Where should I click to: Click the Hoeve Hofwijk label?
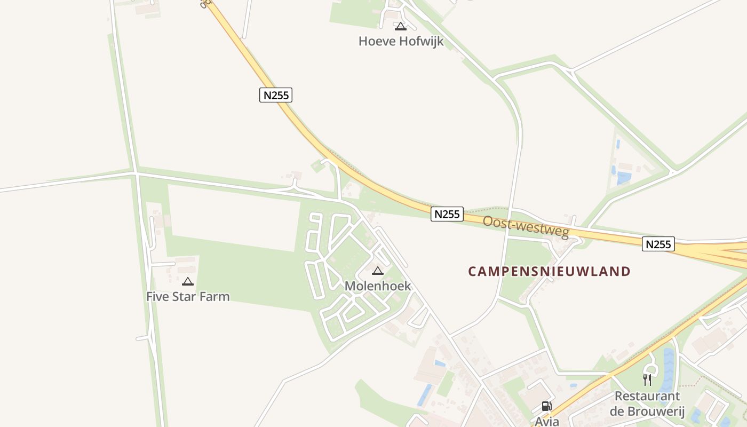click(401, 41)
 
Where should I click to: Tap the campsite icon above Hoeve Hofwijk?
click(401, 26)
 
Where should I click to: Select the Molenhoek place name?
click(378, 286)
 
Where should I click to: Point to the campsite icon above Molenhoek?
click(378, 271)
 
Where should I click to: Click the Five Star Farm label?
click(188, 296)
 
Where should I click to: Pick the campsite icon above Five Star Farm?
click(188, 281)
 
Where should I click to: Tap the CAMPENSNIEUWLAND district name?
click(549, 271)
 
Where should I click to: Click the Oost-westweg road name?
click(526, 227)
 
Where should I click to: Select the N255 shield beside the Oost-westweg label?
click(447, 214)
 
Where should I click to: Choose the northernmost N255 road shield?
click(276, 95)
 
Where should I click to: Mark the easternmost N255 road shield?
click(658, 244)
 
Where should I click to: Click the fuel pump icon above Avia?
click(546, 407)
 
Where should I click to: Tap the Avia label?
click(546, 421)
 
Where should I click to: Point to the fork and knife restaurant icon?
click(647, 380)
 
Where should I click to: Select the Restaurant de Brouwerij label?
click(647, 404)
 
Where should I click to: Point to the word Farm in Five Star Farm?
click(216, 296)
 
